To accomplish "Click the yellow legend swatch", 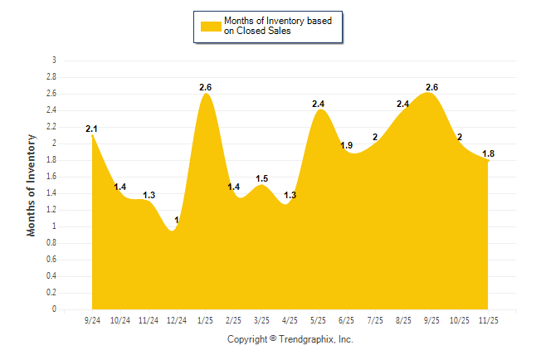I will point(210,26).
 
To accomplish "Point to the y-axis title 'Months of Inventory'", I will point(32,184).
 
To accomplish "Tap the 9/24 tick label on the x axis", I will point(92,320).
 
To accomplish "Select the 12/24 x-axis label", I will point(177,320).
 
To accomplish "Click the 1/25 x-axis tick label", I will point(205,320).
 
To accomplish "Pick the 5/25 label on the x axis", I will point(319,320).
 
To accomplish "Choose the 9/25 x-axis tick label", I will point(431,320).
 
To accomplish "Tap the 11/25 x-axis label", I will point(488,320).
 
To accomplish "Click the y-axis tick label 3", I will point(54,61).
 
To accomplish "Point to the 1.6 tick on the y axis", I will point(51,177).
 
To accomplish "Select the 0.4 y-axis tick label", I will point(51,276).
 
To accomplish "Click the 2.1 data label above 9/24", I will point(92,129).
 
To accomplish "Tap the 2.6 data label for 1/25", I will point(206,87).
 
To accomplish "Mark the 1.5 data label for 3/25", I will point(262,178).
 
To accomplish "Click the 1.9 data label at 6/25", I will point(347,145).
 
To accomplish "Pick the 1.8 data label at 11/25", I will point(489,153).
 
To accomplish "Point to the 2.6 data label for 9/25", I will point(431,87).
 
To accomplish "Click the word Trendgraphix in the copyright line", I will point(305,339).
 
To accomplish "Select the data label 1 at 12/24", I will point(176,220).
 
